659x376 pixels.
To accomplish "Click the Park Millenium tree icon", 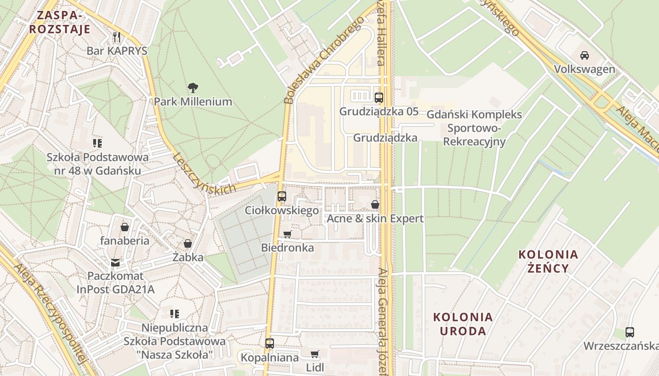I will pos(193,87).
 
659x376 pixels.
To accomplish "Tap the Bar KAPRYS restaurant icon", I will pos(117,37).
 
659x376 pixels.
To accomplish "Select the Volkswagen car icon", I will pos(584,55).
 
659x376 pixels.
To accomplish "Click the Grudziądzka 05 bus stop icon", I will pos(378,98).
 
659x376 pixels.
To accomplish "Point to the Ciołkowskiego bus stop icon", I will pos(281,196).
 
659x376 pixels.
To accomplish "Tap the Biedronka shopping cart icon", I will pos(287,234).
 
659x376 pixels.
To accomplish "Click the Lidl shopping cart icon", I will pos(314,354).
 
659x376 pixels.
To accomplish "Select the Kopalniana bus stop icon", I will pos(269,344).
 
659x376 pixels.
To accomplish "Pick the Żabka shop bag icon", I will pos(187,243).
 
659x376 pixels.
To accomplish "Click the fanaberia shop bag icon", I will pos(125,227).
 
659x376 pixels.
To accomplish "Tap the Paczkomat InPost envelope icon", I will pos(115,263).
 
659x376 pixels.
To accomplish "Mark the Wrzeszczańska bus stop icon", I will pos(630,332).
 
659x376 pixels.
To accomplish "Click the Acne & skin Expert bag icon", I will pos(375,204).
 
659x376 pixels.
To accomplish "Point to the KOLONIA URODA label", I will pos(463,324).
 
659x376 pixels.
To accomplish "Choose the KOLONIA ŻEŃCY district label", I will pos(548,261).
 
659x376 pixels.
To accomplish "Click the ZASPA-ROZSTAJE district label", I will pos(59,22).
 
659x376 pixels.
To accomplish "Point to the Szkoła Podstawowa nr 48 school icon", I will pos(97,143).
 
